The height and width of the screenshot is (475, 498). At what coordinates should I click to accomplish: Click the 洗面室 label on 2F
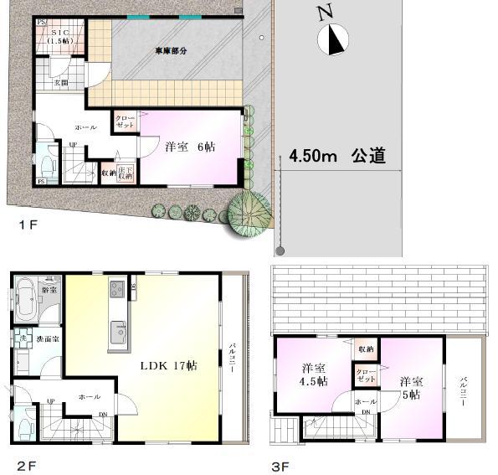(47, 339)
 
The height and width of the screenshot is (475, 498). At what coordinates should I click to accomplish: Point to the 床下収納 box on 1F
(125, 173)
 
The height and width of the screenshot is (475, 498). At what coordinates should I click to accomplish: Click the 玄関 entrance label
(60, 83)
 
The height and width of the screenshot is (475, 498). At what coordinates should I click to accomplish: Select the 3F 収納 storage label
(366, 349)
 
